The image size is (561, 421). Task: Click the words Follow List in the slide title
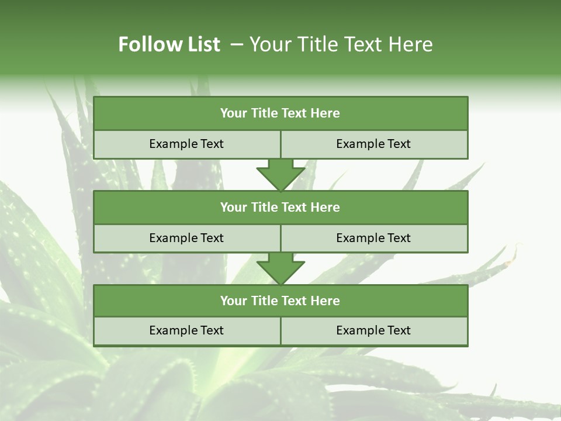click(169, 44)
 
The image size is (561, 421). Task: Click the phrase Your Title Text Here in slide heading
click(341, 44)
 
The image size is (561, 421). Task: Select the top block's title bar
click(280, 113)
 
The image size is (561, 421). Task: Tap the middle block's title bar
click(280, 207)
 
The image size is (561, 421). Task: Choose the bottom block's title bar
click(280, 301)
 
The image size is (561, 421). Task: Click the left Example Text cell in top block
click(186, 144)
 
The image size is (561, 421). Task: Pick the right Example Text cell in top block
click(373, 144)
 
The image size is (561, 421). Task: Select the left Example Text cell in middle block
click(186, 238)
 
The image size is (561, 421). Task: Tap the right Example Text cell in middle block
click(373, 238)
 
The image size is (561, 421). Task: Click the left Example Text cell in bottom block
click(186, 330)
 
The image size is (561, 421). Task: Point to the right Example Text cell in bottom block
click(373, 330)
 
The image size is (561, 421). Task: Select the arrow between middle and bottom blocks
click(280, 268)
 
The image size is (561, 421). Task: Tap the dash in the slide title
click(237, 44)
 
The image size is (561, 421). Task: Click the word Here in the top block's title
click(325, 113)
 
